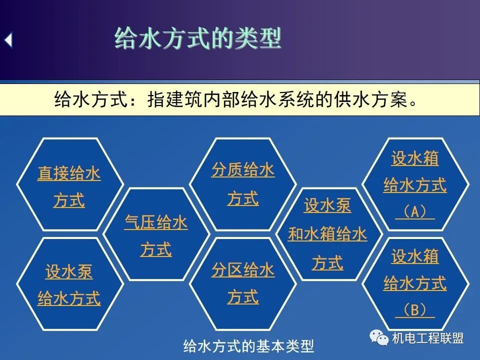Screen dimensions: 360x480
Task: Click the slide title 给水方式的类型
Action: click(x=198, y=39)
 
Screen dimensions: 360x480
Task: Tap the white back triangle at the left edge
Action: click(x=8, y=40)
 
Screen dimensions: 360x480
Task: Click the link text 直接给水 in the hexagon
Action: click(x=69, y=174)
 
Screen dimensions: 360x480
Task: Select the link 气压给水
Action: click(x=156, y=222)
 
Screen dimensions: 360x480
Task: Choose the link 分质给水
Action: click(x=243, y=170)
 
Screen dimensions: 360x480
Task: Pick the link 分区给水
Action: click(x=243, y=270)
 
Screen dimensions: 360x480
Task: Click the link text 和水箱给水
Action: click(x=327, y=234)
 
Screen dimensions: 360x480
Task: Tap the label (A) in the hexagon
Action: click(x=414, y=212)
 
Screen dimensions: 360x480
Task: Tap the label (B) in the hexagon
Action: click(x=414, y=311)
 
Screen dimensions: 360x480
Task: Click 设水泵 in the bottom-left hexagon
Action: click(x=69, y=272)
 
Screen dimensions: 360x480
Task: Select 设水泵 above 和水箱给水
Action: click(x=327, y=205)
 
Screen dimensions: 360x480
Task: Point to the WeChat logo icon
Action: click(x=379, y=338)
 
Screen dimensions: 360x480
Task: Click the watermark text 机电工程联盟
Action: click(x=428, y=338)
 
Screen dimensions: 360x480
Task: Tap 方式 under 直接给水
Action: click(x=69, y=201)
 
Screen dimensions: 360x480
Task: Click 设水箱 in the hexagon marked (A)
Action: click(x=414, y=158)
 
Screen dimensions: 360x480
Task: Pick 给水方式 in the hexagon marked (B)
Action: click(x=414, y=284)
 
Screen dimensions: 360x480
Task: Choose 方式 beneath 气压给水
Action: click(x=156, y=249)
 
